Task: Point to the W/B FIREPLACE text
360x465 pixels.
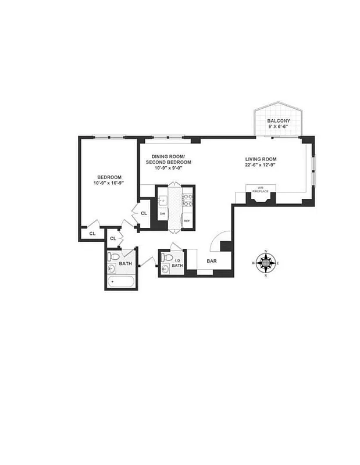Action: coord(258,189)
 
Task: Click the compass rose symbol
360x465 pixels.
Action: coord(266,263)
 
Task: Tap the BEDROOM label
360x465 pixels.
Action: coord(109,177)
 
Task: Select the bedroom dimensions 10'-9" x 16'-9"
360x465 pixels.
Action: coord(109,183)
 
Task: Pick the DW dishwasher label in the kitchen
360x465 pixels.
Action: coord(162,213)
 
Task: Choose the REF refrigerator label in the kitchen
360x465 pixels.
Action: coord(187,221)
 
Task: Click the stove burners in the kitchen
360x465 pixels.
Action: coord(187,201)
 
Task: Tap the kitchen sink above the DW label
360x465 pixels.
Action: coord(163,201)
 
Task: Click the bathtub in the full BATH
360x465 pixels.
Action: coord(122,282)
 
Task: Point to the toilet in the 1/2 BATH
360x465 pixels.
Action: coord(168,257)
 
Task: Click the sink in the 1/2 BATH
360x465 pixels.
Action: coord(165,269)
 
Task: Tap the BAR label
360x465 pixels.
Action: coord(212,262)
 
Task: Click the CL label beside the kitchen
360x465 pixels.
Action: coord(144,213)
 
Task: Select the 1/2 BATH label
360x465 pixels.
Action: coord(179,263)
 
